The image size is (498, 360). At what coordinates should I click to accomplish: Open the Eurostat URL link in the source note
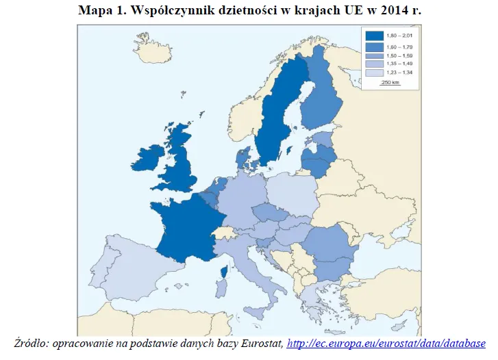click(x=386, y=343)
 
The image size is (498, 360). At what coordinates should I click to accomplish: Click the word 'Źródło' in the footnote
click(x=31, y=343)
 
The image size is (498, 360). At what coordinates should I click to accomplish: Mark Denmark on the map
click(x=242, y=157)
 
